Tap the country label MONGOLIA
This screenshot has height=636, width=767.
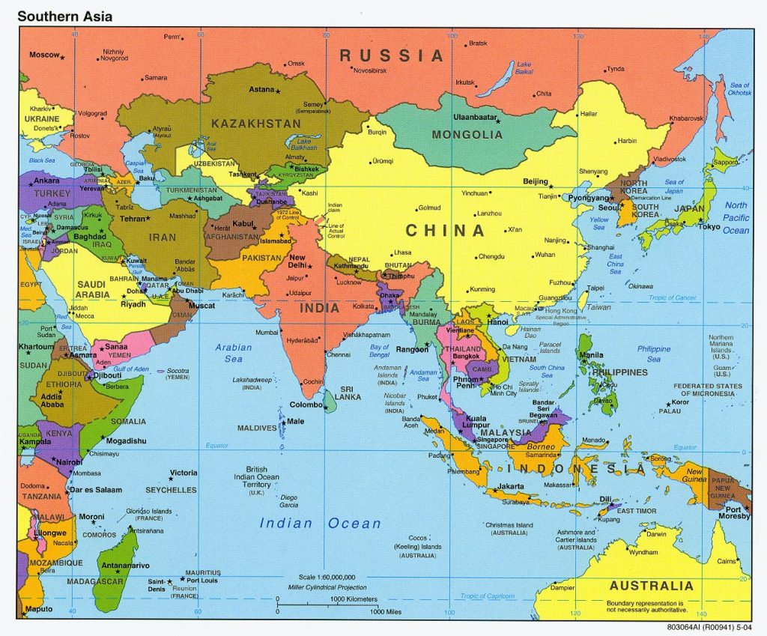click(467, 135)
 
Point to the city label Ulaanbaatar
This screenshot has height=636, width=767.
click(476, 118)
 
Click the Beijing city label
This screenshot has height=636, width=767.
click(535, 181)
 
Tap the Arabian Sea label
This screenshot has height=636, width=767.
click(234, 353)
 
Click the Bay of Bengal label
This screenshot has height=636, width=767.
click(379, 351)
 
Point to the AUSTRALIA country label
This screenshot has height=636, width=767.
click(651, 585)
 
